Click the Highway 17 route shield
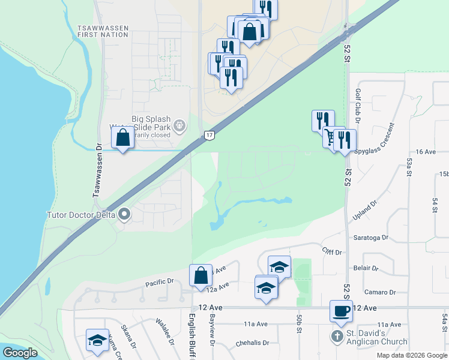click(x=208, y=136)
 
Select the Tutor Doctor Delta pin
click(x=125, y=214)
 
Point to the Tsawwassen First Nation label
click(x=103, y=31)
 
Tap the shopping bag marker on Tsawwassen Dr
click(x=122, y=137)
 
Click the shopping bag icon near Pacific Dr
click(x=200, y=275)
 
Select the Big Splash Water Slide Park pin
click(x=178, y=125)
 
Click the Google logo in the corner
click(x=20, y=353)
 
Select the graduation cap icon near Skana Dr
click(x=97, y=340)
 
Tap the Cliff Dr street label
click(x=331, y=251)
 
